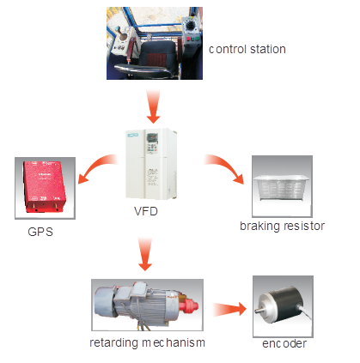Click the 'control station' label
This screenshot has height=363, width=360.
point(247,49)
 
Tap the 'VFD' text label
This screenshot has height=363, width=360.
point(146,211)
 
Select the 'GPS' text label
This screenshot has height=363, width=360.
point(40,232)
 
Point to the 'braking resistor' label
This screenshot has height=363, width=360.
point(282,226)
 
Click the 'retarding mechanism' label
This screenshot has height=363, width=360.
point(147,342)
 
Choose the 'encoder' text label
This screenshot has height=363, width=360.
point(284,343)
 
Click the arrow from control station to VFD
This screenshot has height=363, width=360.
point(153,106)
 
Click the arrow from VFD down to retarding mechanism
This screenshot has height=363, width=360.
point(145,254)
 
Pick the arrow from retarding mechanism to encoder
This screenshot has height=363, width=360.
point(229,309)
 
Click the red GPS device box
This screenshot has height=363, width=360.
point(45,187)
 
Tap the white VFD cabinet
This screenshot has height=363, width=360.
point(151,164)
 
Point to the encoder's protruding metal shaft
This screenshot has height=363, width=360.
point(259,311)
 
